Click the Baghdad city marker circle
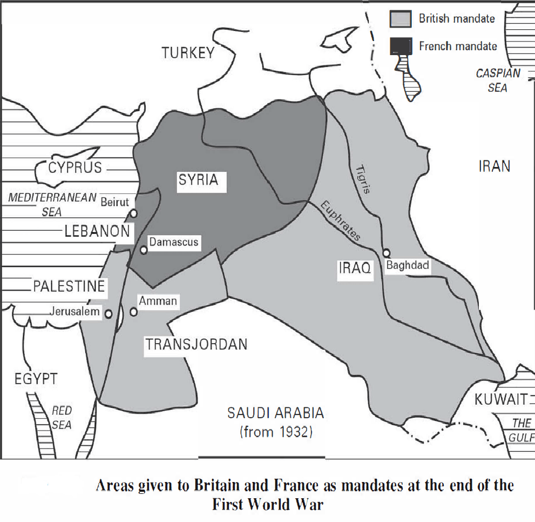pos(387,252)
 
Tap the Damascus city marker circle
pos(144,250)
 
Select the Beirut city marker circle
pos(133,213)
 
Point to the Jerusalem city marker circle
pos(109,313)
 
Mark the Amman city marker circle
pos(134,312)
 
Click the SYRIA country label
pos(199,180)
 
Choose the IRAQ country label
pos(355,267)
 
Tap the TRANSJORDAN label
pos(196,344)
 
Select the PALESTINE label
pos(69,286)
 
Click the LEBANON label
pos(97,231)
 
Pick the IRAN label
pos(494,166)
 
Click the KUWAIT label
pos(500,400)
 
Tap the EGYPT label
pos(36,379)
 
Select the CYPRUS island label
pos(75,168)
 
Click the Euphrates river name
pos(340,221)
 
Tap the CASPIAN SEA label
pos(498,80)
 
